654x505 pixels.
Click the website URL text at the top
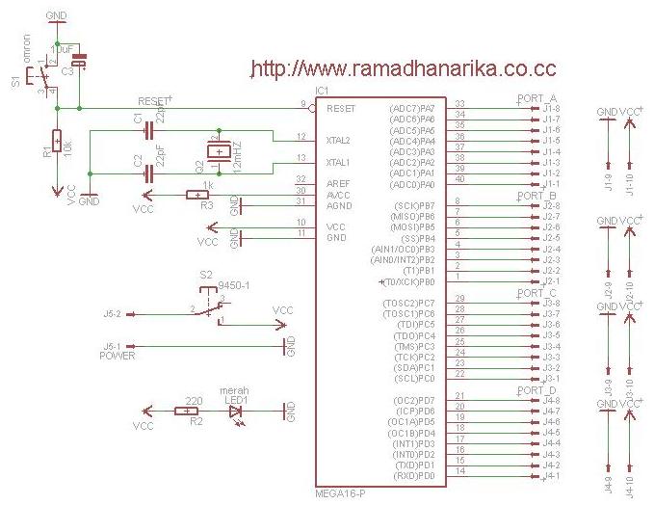402,68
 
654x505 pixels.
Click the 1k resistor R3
204,196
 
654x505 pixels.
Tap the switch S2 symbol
210,304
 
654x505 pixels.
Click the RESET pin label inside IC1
342,109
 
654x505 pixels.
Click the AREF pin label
336,183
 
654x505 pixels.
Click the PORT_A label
537,98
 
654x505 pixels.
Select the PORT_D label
537,390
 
